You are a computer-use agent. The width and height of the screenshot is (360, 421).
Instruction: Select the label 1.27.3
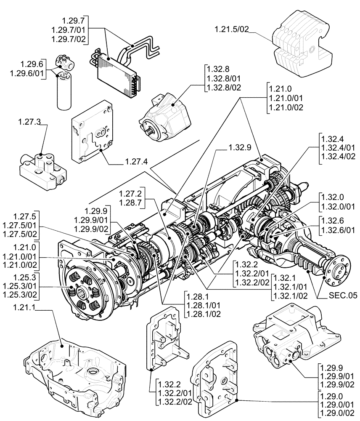(x=29, y=122)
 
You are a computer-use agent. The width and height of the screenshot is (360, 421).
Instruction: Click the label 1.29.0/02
(x=338, y=413)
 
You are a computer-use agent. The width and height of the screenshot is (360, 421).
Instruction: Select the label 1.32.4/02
(x=338, y=157)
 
